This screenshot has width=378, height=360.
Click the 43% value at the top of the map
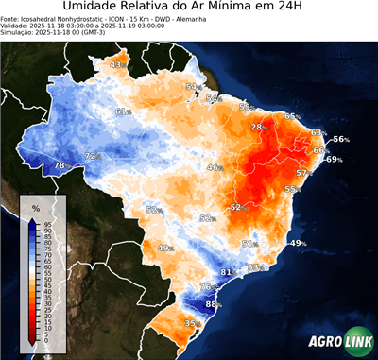coord(118,64)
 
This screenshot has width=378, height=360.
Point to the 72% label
coord(93,156)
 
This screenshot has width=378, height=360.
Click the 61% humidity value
coord(123,111)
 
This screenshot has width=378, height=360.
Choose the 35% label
coord(192,323)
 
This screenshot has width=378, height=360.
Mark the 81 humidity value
coord(226,272)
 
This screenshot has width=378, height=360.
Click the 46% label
coord(215,167)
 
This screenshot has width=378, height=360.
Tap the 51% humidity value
coord(249,244)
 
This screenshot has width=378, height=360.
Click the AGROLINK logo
coord(339,341)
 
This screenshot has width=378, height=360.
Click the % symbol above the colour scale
coord(35,207)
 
